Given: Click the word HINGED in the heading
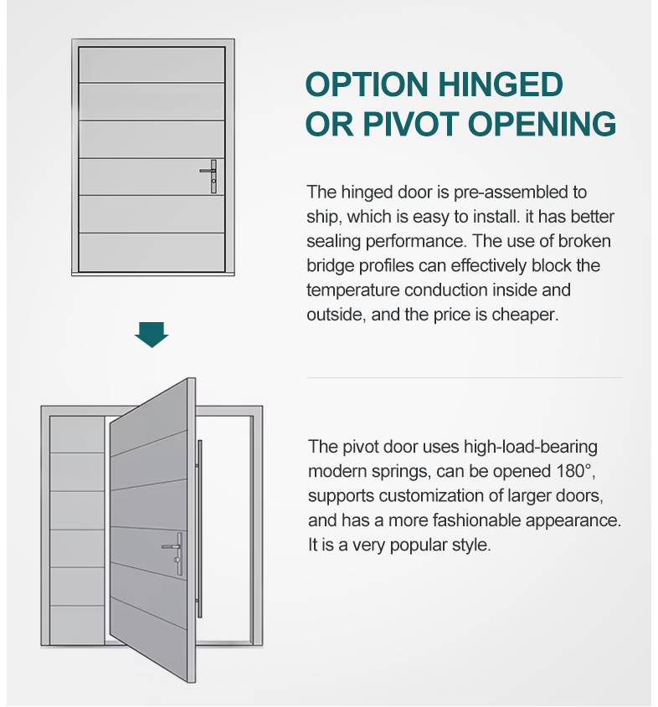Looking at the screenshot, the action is [500, 85].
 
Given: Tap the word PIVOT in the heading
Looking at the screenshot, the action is [410, 124].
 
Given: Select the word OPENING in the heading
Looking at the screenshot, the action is [542, 124].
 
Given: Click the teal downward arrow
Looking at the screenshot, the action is [152, 335].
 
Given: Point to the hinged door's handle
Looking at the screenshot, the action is [210, 177].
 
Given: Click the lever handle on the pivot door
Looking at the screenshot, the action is [174, 554].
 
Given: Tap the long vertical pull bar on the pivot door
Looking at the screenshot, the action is [199, 529].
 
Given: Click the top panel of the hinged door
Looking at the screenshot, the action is [152, 64].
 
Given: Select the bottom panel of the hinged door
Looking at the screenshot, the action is [152, 252].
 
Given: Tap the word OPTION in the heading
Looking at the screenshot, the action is [367, 85].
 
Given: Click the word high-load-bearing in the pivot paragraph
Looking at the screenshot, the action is [531, 448].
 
